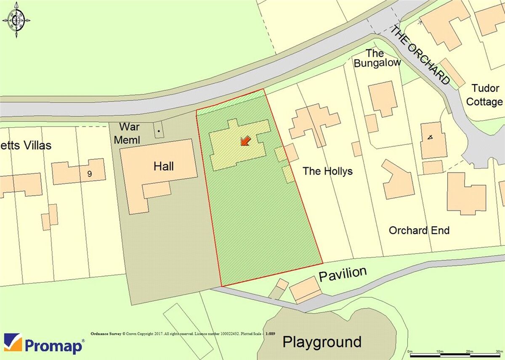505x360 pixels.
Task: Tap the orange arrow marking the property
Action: (x=245, y=141)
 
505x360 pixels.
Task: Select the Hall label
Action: (x=164, y=166)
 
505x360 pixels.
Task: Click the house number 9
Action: (x=90, y=173)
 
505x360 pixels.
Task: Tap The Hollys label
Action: (x=327, y=171)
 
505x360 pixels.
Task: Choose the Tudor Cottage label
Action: (x=485, y=95)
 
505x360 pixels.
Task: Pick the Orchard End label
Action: (x=419, y=230)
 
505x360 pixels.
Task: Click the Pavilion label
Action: (x=343, y=274)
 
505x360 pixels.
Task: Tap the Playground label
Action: (x=322, y=342)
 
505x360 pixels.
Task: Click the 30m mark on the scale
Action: (x=498, y=351)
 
